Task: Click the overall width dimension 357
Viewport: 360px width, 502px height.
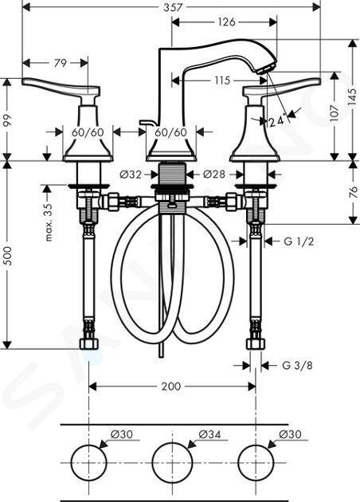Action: click(x=173, y=7)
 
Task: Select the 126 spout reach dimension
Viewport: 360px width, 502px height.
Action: click(x=226, y=22)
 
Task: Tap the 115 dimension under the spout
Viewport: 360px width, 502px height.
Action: click(x=222, y=80)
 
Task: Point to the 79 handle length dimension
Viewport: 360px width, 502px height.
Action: click(x=61, y=63)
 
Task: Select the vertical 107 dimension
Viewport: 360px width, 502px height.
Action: click(x=334, y=112)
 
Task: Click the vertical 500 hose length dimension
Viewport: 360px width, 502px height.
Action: click(x=7, y=256)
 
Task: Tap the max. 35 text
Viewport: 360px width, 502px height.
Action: click(x=48, y=222)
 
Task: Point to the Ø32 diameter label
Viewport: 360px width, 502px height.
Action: click(x=131, y=175)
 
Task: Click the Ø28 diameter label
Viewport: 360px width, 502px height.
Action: click(x=214, y=175)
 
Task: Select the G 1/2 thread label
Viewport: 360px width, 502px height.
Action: click(x=299, y=241)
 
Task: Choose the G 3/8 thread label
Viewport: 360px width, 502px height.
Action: click(x=297, y=365)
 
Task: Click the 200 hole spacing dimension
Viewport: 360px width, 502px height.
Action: click(x=171, y=386)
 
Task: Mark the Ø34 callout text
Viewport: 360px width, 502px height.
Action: click(x=209, y=434)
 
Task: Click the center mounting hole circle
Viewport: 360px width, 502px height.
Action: click(x=173, y=443)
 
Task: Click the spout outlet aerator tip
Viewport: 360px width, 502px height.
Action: click(x=266, y=69)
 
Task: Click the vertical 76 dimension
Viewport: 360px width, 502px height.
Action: click(x=353, y=192)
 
